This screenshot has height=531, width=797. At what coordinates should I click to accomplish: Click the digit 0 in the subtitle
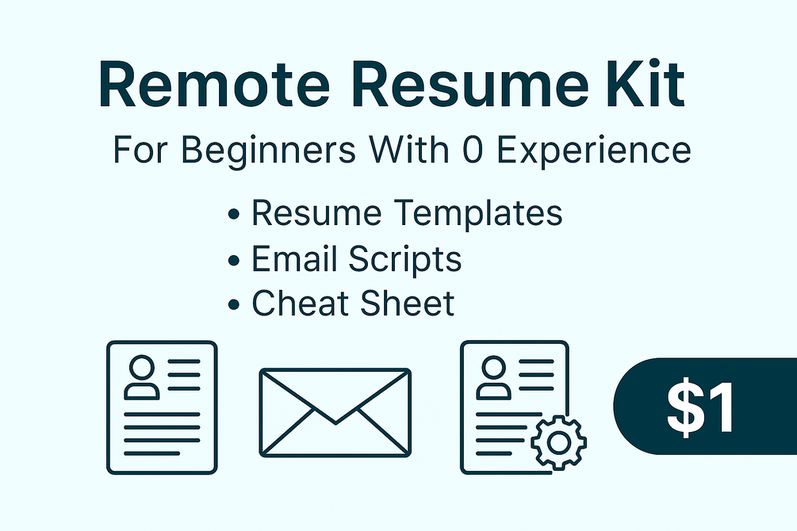coord(473,151)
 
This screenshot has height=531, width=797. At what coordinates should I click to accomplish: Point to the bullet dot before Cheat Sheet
coord(234,306)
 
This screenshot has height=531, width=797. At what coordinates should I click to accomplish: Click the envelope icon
coord(335,411)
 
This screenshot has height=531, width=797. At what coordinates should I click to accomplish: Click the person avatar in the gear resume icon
coord(493,375)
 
